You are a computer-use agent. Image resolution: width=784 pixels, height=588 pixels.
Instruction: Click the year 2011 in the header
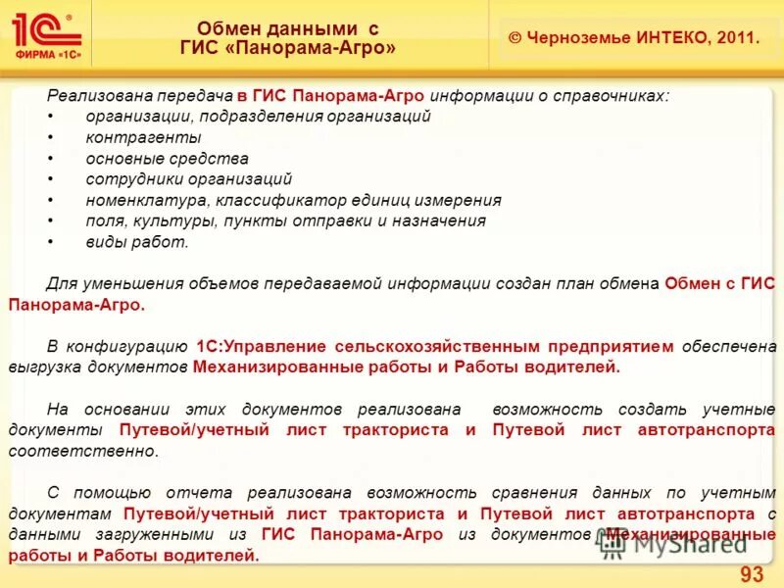pyautogui.click(x=738, y=38)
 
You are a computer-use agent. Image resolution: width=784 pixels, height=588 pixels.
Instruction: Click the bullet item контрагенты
pyautogui.click(x=143, y=137)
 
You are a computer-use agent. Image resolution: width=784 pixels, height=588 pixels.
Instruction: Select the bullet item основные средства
pyautogui.click(x=167, y=158)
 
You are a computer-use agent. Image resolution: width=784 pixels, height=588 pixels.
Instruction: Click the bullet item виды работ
pyautogui.click(x=136, y=241)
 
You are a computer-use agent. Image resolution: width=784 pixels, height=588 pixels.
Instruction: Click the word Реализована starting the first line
pyautogui.click(x=90, y=96)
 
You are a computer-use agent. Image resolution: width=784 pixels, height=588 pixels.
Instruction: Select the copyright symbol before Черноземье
pyautogui.click(x=514, y=38)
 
